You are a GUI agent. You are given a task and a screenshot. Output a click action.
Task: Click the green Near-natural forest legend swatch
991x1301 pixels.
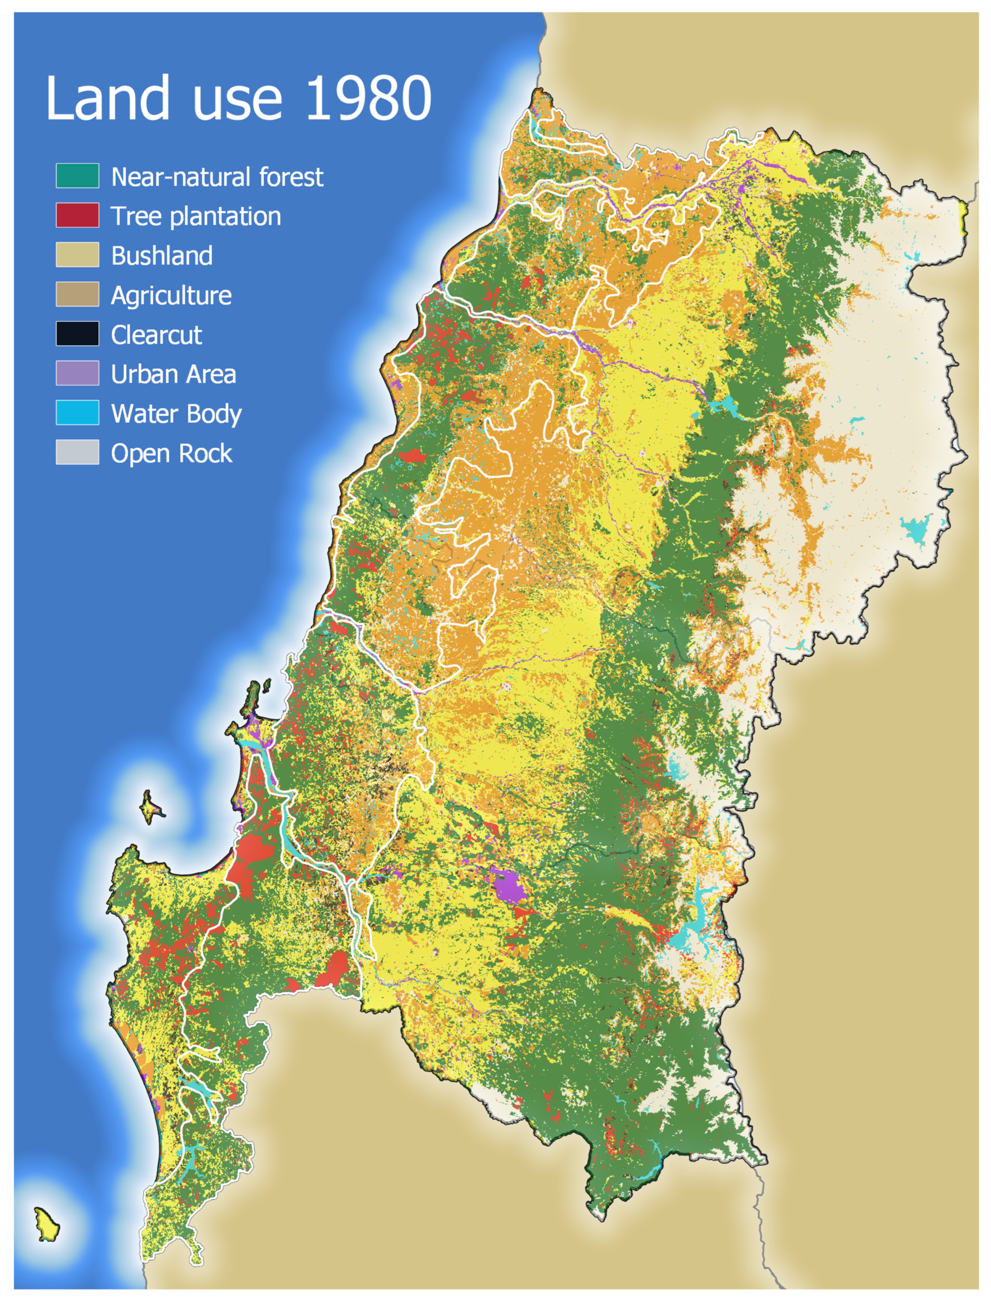coord(77,176)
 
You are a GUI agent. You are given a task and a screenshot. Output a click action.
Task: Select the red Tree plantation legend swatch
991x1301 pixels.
coord(77,215)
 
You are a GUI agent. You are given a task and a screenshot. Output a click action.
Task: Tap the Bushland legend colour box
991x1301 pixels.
coord(77,255)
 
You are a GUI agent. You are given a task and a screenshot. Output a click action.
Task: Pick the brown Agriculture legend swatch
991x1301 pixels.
coord(77,294)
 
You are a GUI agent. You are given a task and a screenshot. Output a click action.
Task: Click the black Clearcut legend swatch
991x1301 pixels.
coord(77,334)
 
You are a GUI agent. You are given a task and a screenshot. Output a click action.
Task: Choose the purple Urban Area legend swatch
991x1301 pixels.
coord(77,373)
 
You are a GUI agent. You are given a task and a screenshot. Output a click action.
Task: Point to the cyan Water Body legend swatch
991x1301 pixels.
coord(77,413)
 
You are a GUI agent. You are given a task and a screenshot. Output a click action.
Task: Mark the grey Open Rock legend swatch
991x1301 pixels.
coord(77,453)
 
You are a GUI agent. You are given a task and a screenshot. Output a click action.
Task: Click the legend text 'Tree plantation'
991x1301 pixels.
coord(196,216)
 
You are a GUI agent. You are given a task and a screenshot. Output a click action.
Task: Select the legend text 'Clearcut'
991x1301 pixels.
coord(156,335)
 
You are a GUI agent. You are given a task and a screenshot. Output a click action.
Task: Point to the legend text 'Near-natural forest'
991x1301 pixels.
coord(217,177)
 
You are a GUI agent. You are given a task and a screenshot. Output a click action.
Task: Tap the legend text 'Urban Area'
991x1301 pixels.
coord(173,375)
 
